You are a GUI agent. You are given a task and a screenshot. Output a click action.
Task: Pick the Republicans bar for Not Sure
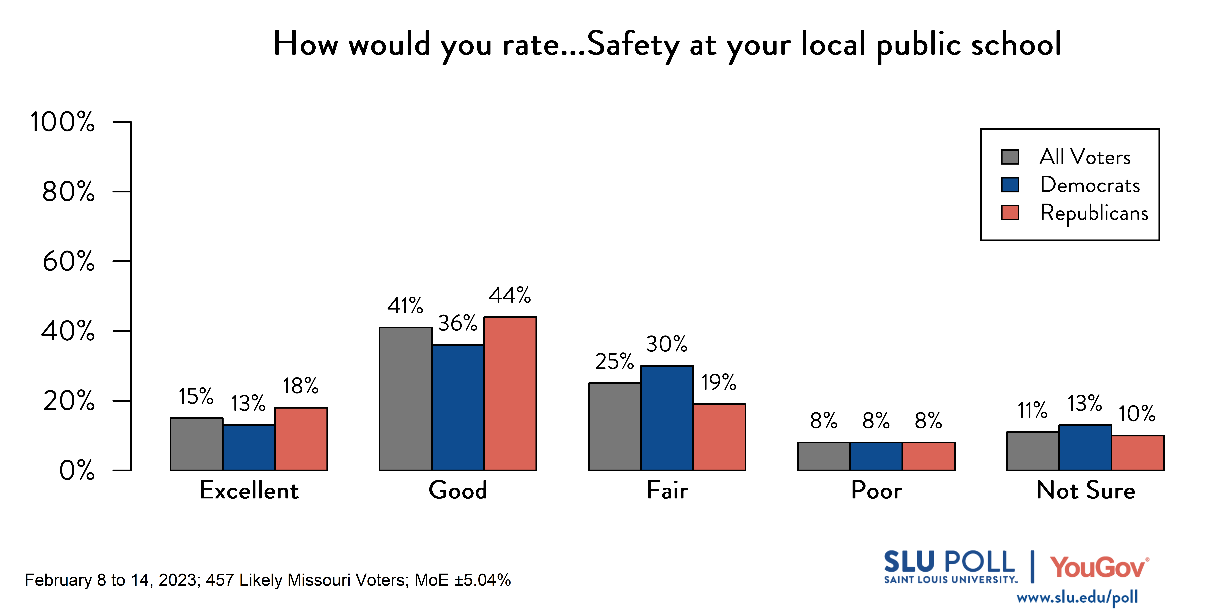tap(1138, 453)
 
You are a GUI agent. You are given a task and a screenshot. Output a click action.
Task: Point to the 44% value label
tap(510, 295)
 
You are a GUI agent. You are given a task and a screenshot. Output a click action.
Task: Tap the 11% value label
tap(1032, 410)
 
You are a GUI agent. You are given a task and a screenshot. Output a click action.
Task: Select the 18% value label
tap(300, 386)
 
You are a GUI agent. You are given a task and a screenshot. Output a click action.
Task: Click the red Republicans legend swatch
tap(1010, 213)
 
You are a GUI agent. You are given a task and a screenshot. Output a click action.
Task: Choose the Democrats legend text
tap(1090, 185)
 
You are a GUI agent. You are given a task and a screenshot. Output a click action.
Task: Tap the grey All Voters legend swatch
tap(1010, 157)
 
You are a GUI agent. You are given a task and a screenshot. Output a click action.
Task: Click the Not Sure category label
tap(1085, 490)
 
